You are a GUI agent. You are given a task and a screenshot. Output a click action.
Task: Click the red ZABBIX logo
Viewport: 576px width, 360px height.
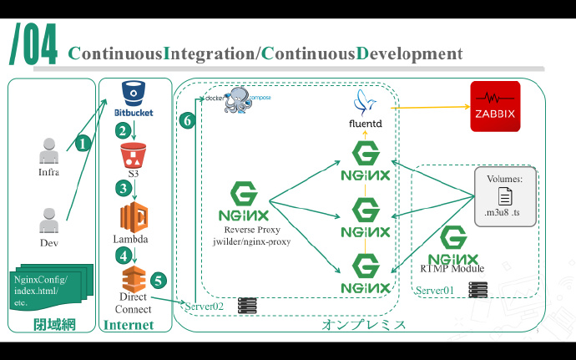pos(495,106)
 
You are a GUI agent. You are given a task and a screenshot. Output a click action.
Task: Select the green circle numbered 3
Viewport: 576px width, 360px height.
pos(124,188)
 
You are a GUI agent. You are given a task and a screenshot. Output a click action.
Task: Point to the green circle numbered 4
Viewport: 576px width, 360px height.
pos(124,255)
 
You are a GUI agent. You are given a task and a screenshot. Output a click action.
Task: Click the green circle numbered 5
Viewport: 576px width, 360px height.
pos(159,281)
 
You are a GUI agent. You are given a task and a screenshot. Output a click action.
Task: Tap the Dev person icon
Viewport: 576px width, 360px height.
pos(49,221)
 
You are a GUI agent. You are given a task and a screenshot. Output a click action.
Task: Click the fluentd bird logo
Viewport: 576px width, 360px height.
pos(365,101)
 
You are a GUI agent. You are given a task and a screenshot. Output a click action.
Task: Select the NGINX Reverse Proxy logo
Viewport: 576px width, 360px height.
pos(243,200)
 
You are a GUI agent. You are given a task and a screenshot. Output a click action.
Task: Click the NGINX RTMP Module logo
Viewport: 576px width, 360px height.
pos(453,245)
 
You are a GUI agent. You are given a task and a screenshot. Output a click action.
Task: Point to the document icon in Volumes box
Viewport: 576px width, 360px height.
pos(504,197)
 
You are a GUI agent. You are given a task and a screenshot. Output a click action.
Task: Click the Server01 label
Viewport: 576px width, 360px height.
pos(435,290)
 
